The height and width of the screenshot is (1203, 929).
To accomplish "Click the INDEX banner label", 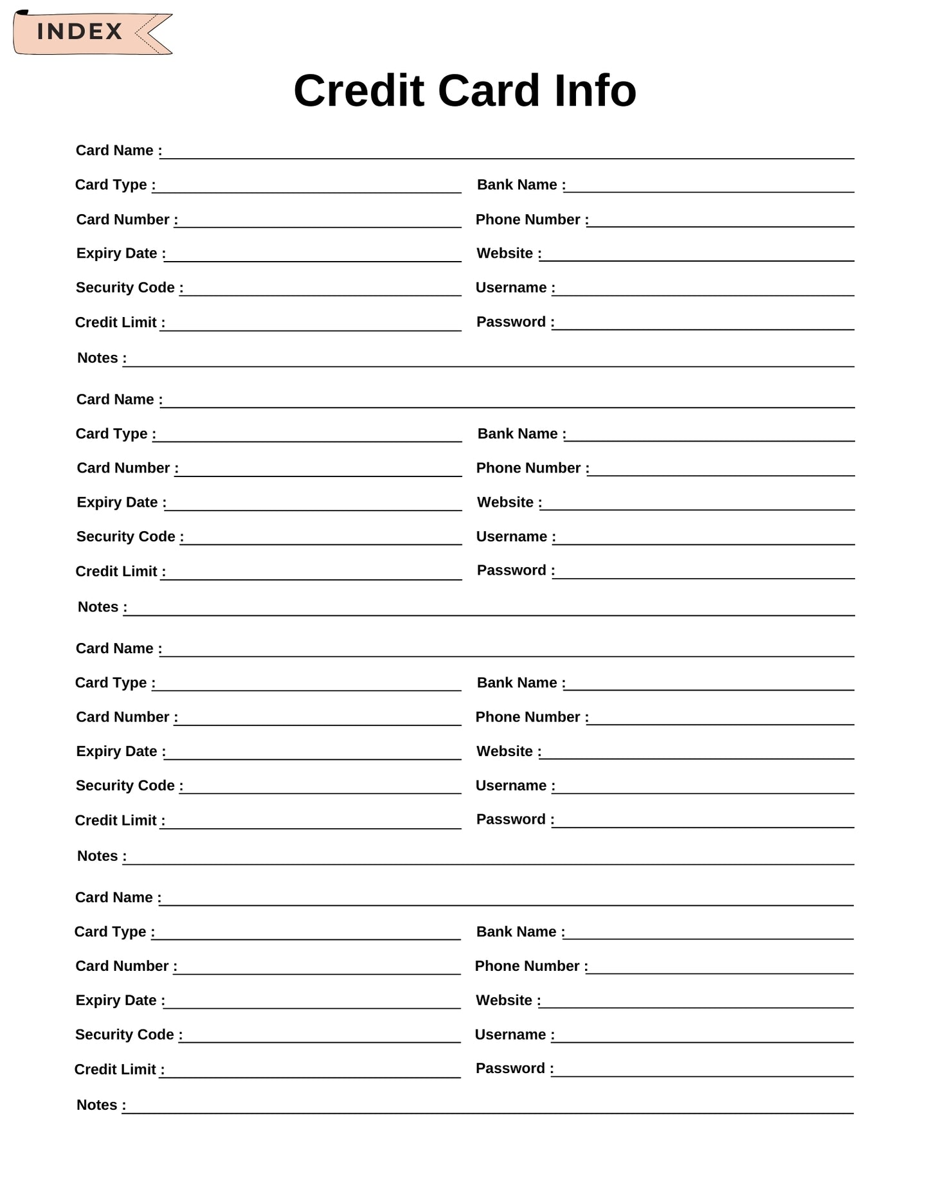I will pyautogui.click(x=79, y=32).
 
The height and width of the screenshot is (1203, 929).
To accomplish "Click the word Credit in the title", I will pyautogui.click(x=359, y=91).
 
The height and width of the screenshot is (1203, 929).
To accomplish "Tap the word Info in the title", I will pyautogui.click(x=595, y=91).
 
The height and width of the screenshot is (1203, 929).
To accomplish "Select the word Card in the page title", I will pyautogui.click(x=489, y=91).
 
